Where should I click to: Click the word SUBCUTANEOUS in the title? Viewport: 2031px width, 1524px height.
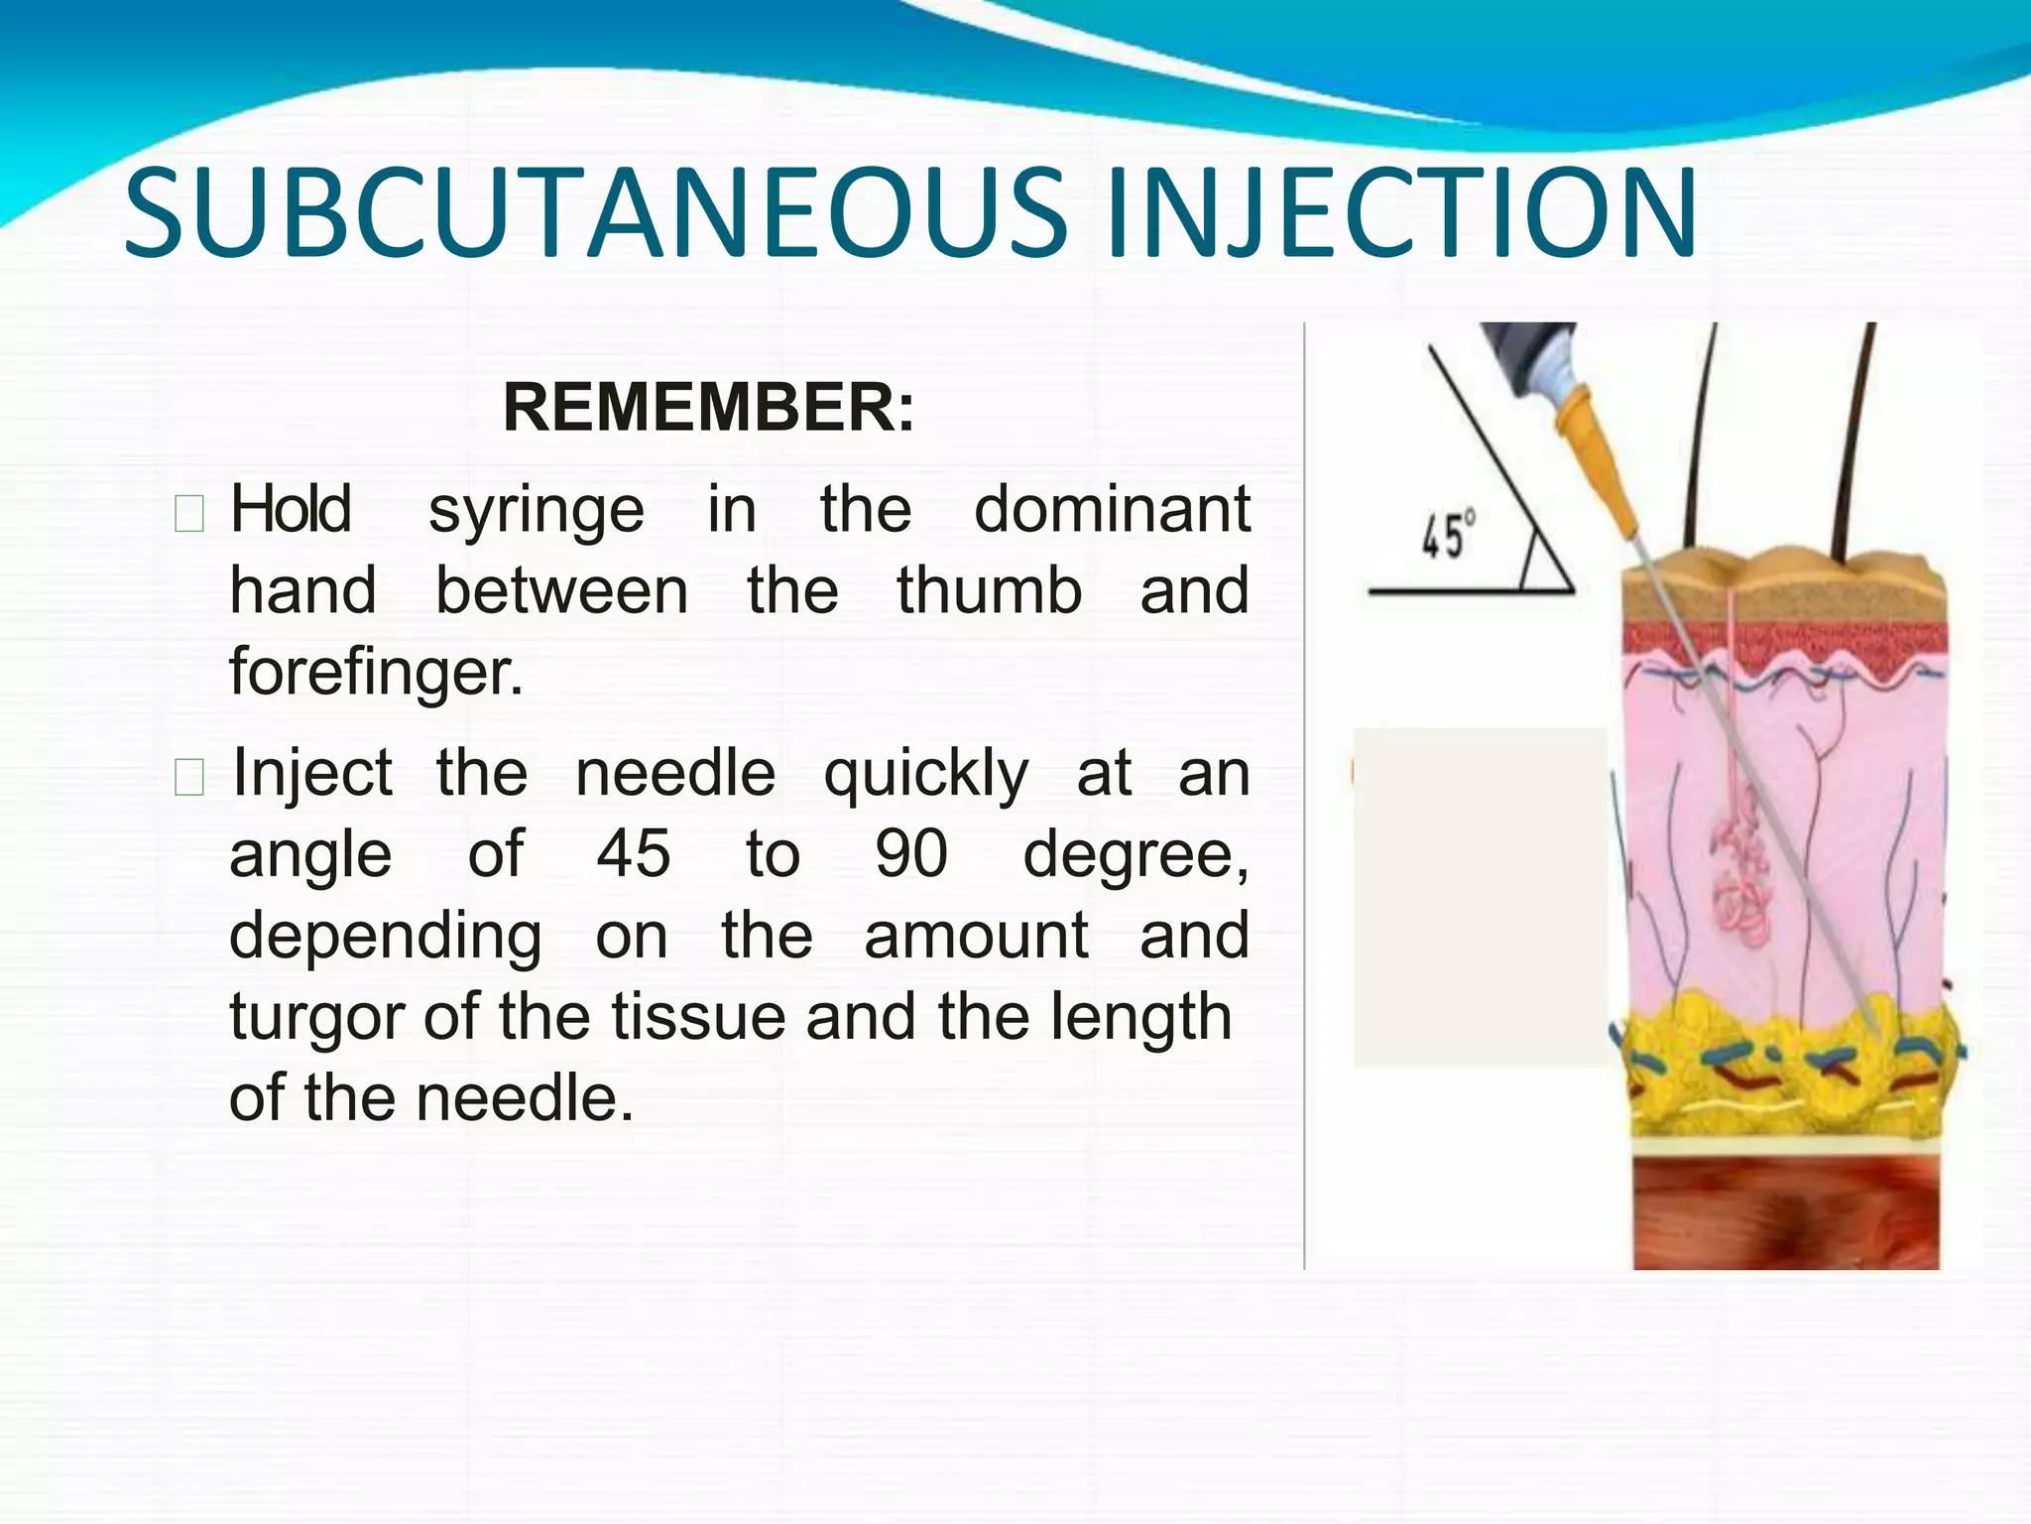(595, 213)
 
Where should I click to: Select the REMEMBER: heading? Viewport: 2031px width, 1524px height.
(708, 407)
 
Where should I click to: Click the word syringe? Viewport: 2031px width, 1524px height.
(537, 512)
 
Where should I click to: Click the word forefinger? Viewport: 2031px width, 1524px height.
(376, 672)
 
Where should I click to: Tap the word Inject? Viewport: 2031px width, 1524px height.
(312, 775)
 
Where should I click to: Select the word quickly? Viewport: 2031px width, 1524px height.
(926, 775)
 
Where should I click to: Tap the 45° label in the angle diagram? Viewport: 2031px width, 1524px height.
(1447, 536)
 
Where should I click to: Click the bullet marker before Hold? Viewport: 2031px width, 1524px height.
(188, 514)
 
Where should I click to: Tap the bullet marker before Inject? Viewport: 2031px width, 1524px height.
(188, 777)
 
